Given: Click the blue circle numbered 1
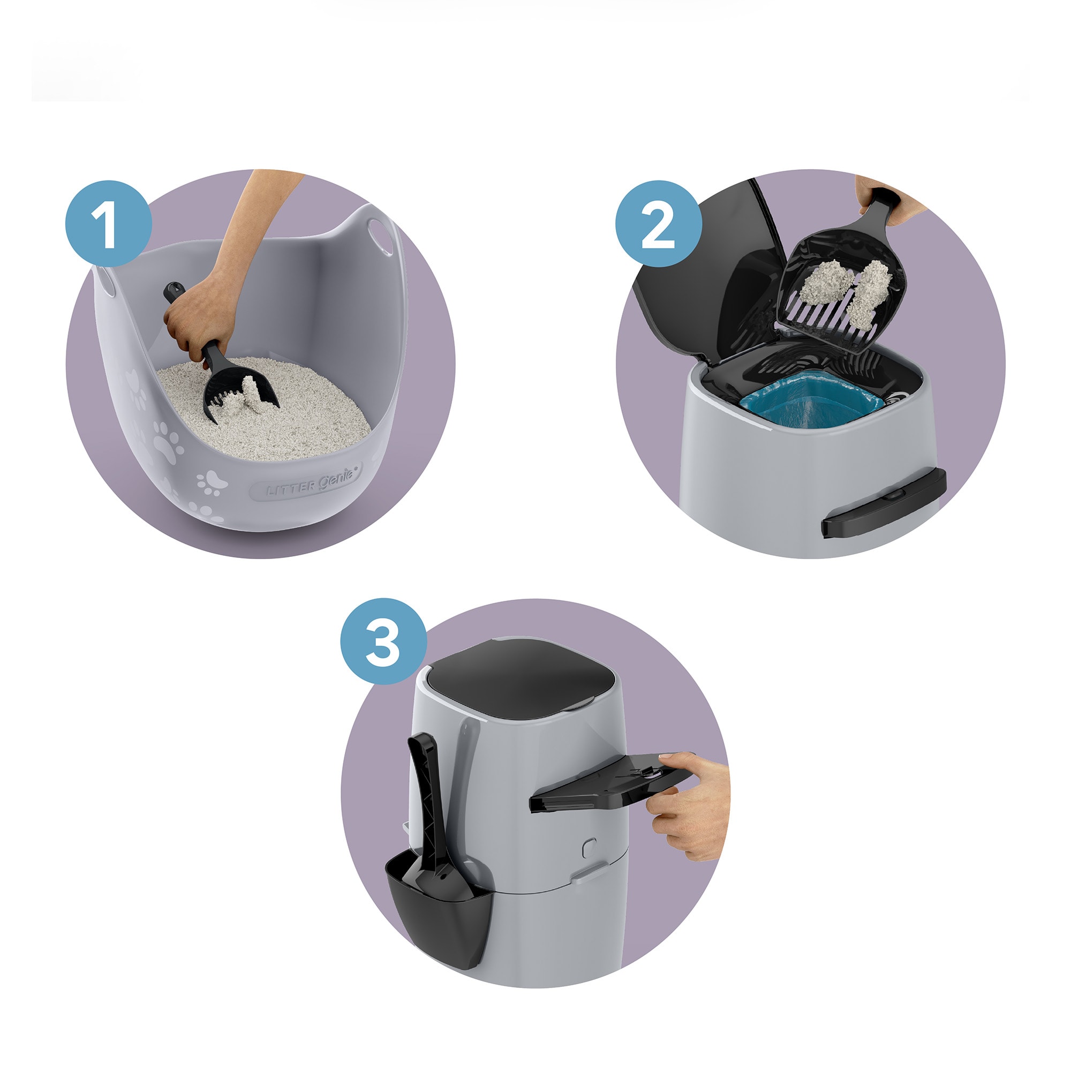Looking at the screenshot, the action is point(109,223).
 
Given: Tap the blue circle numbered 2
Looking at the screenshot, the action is point(659,223).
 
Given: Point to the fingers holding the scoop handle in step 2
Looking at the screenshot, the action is point(881,205).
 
